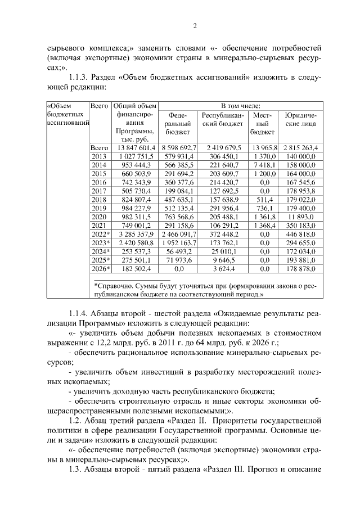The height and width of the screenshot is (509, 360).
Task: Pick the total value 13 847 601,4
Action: pos(134,148)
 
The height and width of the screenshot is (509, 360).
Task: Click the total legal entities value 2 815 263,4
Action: pos(300,148)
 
